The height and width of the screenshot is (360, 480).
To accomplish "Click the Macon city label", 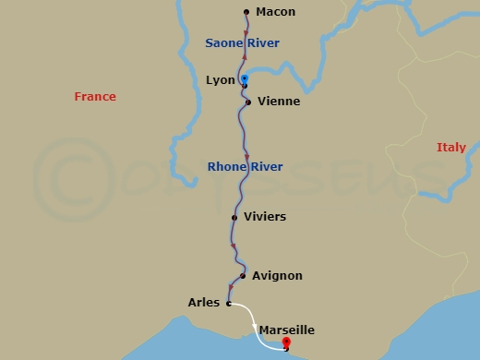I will (x=275, y=12).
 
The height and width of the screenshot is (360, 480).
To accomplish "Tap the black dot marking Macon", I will (x=246, y=12).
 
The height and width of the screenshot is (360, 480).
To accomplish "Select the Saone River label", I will (x=242, y=43).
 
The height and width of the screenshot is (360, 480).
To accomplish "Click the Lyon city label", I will (x=222, y=81).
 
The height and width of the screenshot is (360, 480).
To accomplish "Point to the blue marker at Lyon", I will (x=245, y=79).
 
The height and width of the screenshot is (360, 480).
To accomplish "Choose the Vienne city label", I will (x=279, y=102).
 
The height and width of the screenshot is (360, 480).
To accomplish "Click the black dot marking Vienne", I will (x=248, y=102).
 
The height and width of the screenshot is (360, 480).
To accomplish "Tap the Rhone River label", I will (x=246, y=167).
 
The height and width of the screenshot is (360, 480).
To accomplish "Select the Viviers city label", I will (x=265, y=217).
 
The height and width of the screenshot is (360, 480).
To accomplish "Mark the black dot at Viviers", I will (x=234, y=217).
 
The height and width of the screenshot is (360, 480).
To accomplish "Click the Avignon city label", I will (x=278, y=276).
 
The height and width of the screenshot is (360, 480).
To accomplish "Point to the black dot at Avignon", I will (x=242, y=275).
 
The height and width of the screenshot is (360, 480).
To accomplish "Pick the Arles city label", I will (x=203, y=302).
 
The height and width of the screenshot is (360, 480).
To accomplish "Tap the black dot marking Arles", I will (x=228, y=302).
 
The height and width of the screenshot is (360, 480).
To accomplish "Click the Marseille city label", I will (x=287, y=330).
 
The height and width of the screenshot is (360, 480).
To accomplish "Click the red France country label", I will (x=95, y=97).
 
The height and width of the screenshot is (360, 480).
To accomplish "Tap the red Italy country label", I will (x=451, y=148).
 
